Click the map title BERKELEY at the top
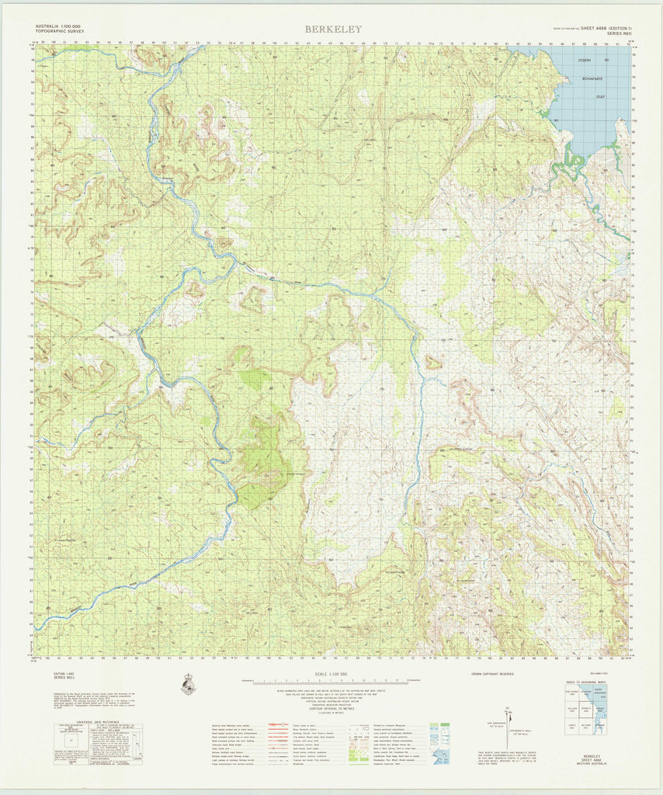point(332,30)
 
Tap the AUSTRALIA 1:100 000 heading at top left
point(61,27)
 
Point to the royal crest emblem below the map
point(187,684)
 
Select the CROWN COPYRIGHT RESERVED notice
point(491,675)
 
